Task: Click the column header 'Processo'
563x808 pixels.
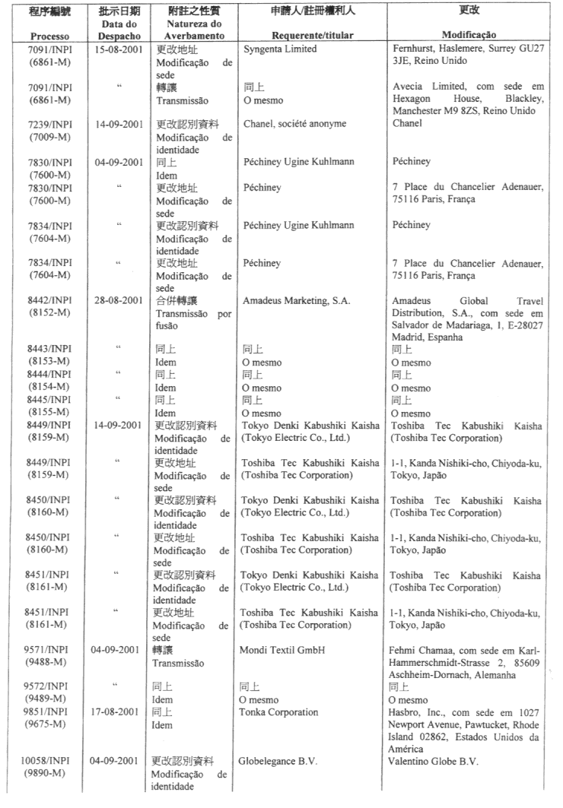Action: (48, 36)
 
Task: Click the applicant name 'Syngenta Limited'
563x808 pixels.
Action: (280, 49)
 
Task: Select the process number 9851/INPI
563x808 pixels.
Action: (48, 712)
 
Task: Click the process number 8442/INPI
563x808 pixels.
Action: (48, 301)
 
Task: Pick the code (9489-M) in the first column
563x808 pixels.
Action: (48, 699)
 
